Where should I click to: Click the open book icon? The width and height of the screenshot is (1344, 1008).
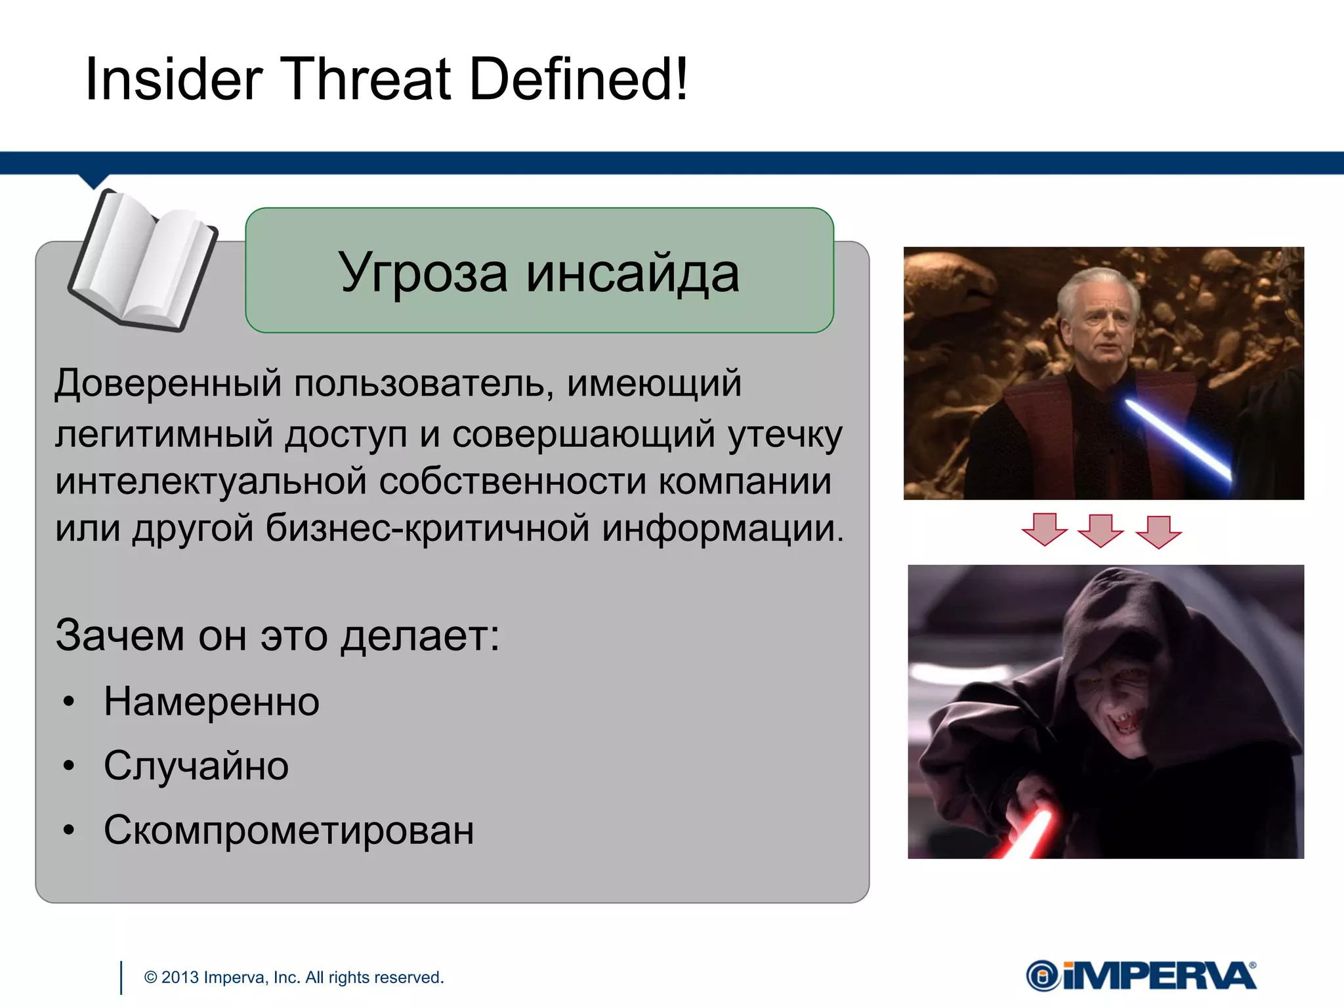click(x=143, y=261)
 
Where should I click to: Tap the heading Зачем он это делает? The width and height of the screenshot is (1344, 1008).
click(x=278, y=635)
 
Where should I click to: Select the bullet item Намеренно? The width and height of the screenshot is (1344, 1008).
click(x=211, y=702)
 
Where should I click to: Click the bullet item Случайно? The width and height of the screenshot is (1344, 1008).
click(x=196, y=766)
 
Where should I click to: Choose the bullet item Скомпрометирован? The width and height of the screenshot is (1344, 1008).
click(x=289, y=830)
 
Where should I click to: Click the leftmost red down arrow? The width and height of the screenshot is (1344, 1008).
click(x=1045, y=530)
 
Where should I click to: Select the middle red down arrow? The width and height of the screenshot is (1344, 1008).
click(x=1101, y=530)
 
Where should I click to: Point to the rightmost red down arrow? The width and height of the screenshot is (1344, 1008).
click(x=1158, y=531)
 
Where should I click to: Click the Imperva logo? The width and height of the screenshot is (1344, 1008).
click(x=1141, y=976)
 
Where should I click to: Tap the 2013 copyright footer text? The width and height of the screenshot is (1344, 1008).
click(x=293, y=977)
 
